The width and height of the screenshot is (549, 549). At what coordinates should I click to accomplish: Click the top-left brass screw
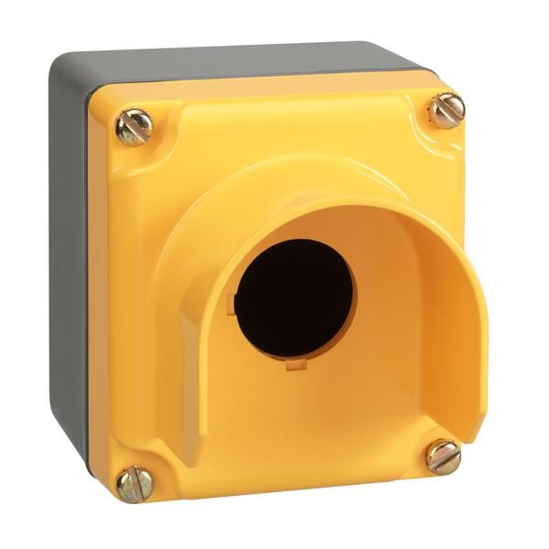point(134,127)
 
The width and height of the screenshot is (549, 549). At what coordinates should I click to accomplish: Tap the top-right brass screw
point(447,110)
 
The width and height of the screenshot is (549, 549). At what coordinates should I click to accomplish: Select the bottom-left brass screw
point(135,483)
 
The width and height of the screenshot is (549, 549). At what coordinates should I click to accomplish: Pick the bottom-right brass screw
point(444,457)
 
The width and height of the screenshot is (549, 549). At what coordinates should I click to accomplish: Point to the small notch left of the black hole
point(235,303)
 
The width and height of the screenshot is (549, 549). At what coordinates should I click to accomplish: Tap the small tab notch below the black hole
point(295,364)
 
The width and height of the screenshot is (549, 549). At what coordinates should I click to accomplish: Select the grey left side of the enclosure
point(68,256)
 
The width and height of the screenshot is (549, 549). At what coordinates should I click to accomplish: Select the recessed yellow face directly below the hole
point(302,412)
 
